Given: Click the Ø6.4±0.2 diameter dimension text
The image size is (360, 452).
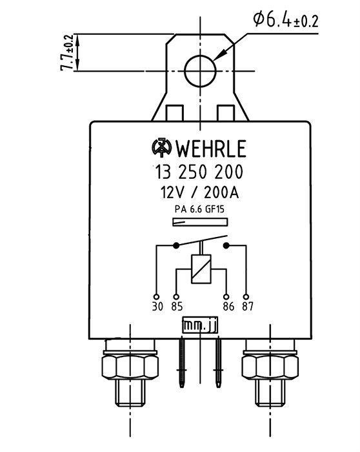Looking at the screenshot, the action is pyautogui.click(x=286, y=19).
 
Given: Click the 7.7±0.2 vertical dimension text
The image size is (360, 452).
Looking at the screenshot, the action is pyautogui.click(x=67, y=53).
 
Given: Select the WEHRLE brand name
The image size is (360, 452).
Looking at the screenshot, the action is pyautogui.click(x=211, y=149).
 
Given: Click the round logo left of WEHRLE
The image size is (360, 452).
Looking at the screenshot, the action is pyautogui.click(x=161, y=148).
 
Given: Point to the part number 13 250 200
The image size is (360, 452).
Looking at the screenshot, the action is pyautogui.click(x=199, y=172).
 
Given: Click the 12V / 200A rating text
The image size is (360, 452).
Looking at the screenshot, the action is pyautogui.click(x=199, y=192).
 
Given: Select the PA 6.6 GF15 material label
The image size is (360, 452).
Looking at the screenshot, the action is pyautogui.click(x=199, y=209).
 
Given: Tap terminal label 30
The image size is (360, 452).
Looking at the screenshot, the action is pyautogui.click(x=157, y=307).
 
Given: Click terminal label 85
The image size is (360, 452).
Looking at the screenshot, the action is pyautogui.click(x=177, y=307).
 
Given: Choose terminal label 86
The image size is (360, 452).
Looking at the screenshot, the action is pyautogui.click(x=228, y=307).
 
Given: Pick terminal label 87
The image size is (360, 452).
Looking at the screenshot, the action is pyautogui.click(x=248, y=307).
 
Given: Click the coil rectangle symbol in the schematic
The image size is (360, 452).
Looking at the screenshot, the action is pyautogui.click(x=201, y=269).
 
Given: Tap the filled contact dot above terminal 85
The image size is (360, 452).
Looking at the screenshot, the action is pyautogui.click(x=176, y=245).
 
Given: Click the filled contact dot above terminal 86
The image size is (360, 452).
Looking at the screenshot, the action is pyautogui.click(x=226, y=245).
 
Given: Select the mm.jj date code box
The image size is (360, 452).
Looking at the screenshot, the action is pyautogui.click(x=200, y=325).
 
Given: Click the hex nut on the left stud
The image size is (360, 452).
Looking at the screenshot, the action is pyautogui.click(x=130, y=366).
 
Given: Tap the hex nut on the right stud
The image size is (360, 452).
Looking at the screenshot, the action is pyautogui.click(x=270, y=366).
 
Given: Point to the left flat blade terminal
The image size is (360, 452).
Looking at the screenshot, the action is pyautogui.click(x=182, y=363).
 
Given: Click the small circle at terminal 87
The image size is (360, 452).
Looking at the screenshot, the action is pyautogui.click(x=246, y=297).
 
